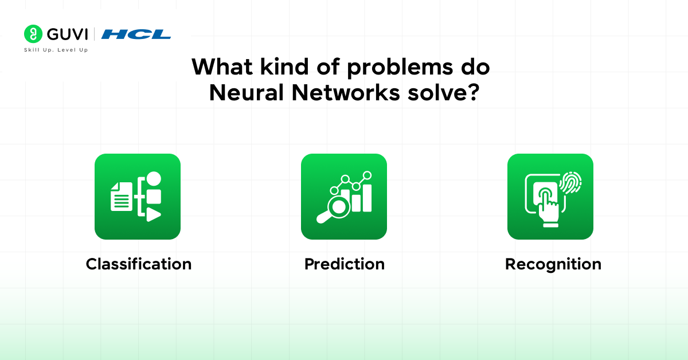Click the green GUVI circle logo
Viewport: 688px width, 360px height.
coord(33,34)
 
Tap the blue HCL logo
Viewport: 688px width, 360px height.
coord(136,34)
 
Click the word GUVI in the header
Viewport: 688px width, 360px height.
coord(68,34)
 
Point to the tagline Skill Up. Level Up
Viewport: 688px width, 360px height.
coord(56,50)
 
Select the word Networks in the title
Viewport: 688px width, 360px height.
coord(346,92)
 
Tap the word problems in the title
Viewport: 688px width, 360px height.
coord(400,67)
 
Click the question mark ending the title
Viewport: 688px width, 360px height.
coord(473,92)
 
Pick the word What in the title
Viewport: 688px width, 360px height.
coord(222,66)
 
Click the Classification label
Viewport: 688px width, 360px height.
coord(139,264)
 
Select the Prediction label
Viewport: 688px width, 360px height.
coord(345,264)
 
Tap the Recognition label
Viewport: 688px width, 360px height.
coord(553,265)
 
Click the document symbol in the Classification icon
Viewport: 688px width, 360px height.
coord(122,197)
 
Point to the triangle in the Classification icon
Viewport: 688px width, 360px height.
coord(154,214)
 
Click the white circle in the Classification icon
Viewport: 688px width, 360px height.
coord(154,179)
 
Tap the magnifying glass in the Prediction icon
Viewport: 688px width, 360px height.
coord(334,209)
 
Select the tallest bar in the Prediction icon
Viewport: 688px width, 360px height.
coord(367,198)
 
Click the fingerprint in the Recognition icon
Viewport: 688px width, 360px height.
coord(570,182)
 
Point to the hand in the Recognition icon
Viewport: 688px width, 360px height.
coord(548,208)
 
